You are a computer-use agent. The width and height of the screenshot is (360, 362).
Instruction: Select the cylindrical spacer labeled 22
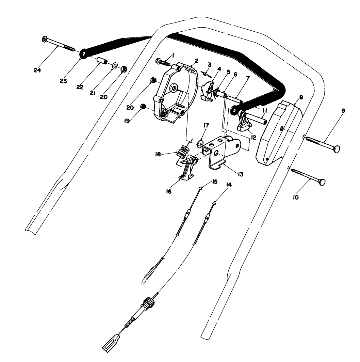click(x=102, y=62)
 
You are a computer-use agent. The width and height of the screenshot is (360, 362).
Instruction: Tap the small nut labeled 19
click(x=144, y=107)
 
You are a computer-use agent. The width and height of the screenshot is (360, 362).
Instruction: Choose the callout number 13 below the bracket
click(x=241, y=174)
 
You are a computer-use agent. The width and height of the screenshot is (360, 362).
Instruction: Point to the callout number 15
click(x=214, y=182)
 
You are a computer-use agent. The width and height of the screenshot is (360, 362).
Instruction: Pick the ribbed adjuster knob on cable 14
click(x=149, y=302)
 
